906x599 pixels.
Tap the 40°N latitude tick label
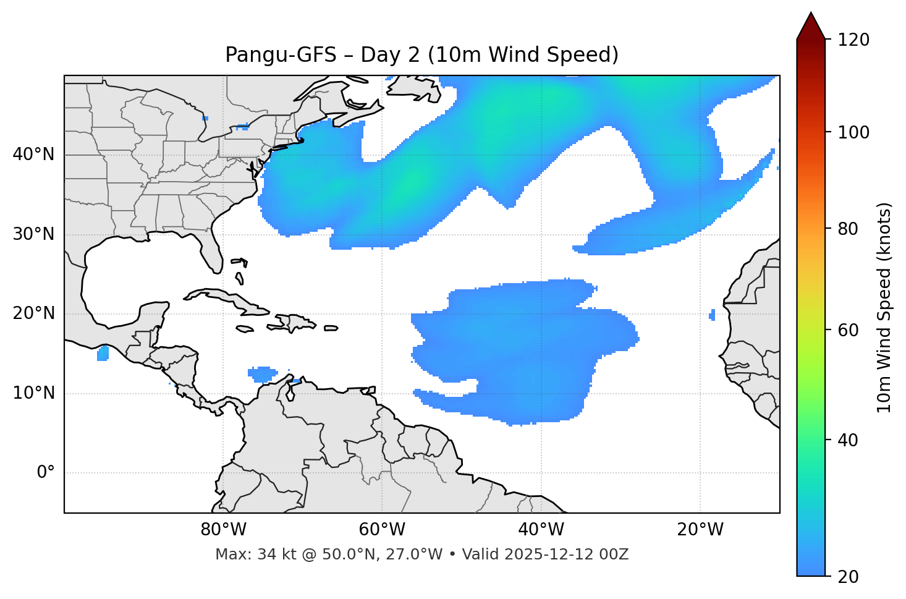pyautogui.click(x=33, y=155)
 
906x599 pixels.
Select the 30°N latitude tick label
pyautogui.click(x=33, y=234)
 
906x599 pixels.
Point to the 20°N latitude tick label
pyautogui.click(x=33, y=313)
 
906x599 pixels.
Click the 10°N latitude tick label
pyautogui.click(x=33, y=393)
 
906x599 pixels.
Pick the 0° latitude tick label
pyautogui.click(x=46, y=473)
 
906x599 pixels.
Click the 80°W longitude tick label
pyautogui.click(x=223, y=530)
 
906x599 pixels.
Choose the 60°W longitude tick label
pyautogui.click(x=382, y=530)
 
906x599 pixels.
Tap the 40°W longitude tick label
pyautogui.click(x=541, y=530)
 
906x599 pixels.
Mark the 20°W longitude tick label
pyautogui.click(x=700, y=530)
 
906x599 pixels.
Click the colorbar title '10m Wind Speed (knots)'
pyautogui.click(x=884, y=307)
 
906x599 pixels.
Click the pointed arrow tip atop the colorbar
pyautogui.click(x=811, y=14)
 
